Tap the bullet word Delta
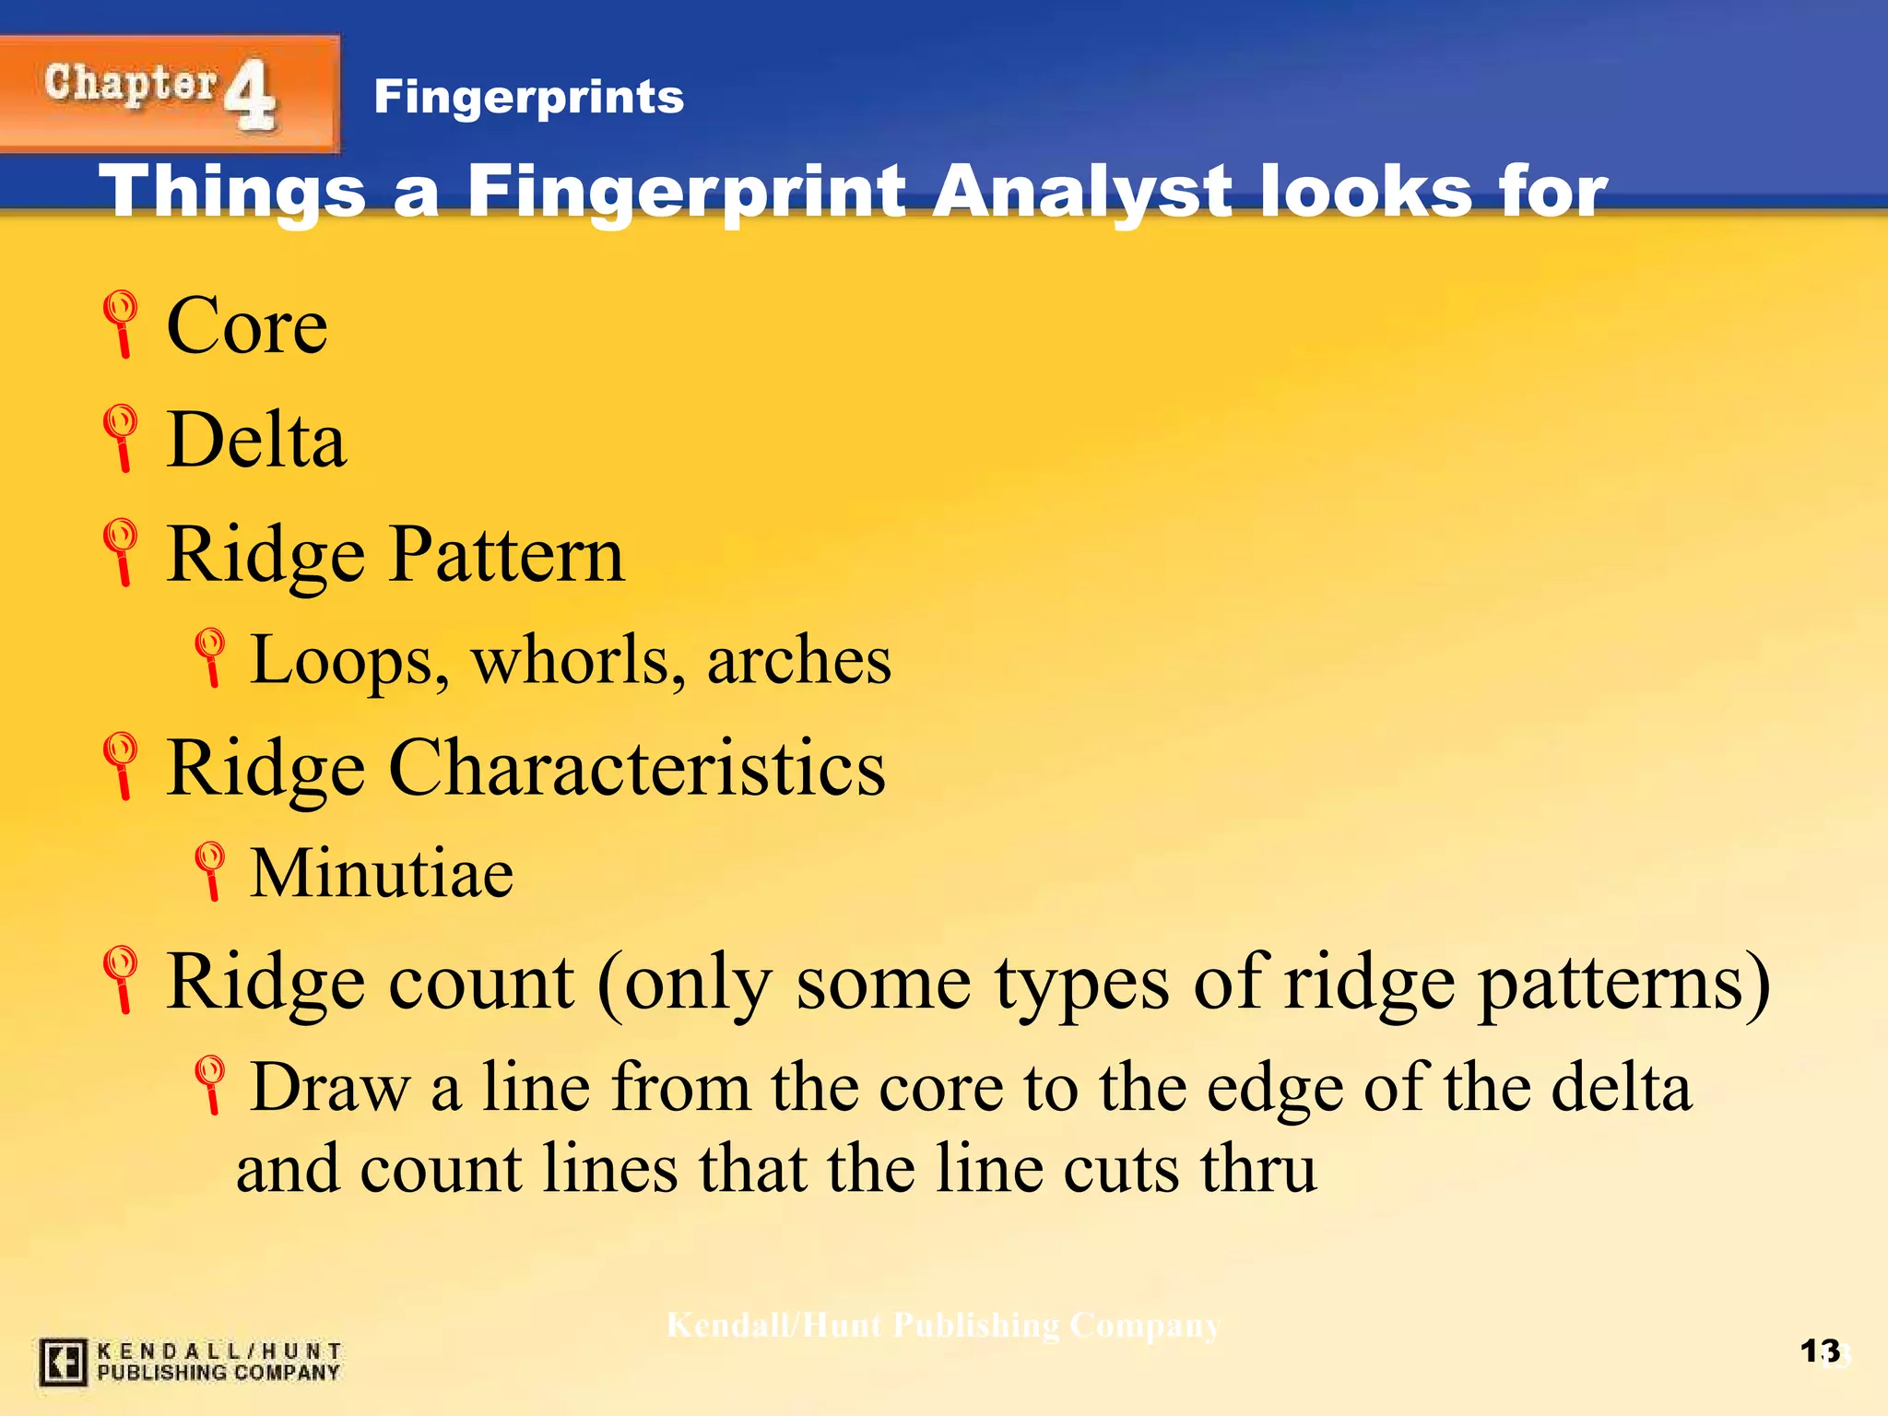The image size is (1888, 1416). point(256,441)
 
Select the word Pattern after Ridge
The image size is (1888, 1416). point(506,555)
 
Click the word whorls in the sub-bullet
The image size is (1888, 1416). point(578,661)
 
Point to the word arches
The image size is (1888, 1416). point(798,661)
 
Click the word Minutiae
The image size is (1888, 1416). point(382,873)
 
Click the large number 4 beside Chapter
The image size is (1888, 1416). point(250,94)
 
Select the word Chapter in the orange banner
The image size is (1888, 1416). point(130,85)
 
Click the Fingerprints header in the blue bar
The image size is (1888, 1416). point(528,97)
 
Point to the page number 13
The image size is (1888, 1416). point(1820,1351)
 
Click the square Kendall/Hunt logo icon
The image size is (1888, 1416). point(63,1362)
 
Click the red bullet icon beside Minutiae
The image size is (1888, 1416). point(210,869)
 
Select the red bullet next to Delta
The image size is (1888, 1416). point(121,438)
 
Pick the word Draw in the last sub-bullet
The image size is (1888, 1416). point(330,1089)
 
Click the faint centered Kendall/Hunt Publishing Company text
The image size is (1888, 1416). point(943,1326)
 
